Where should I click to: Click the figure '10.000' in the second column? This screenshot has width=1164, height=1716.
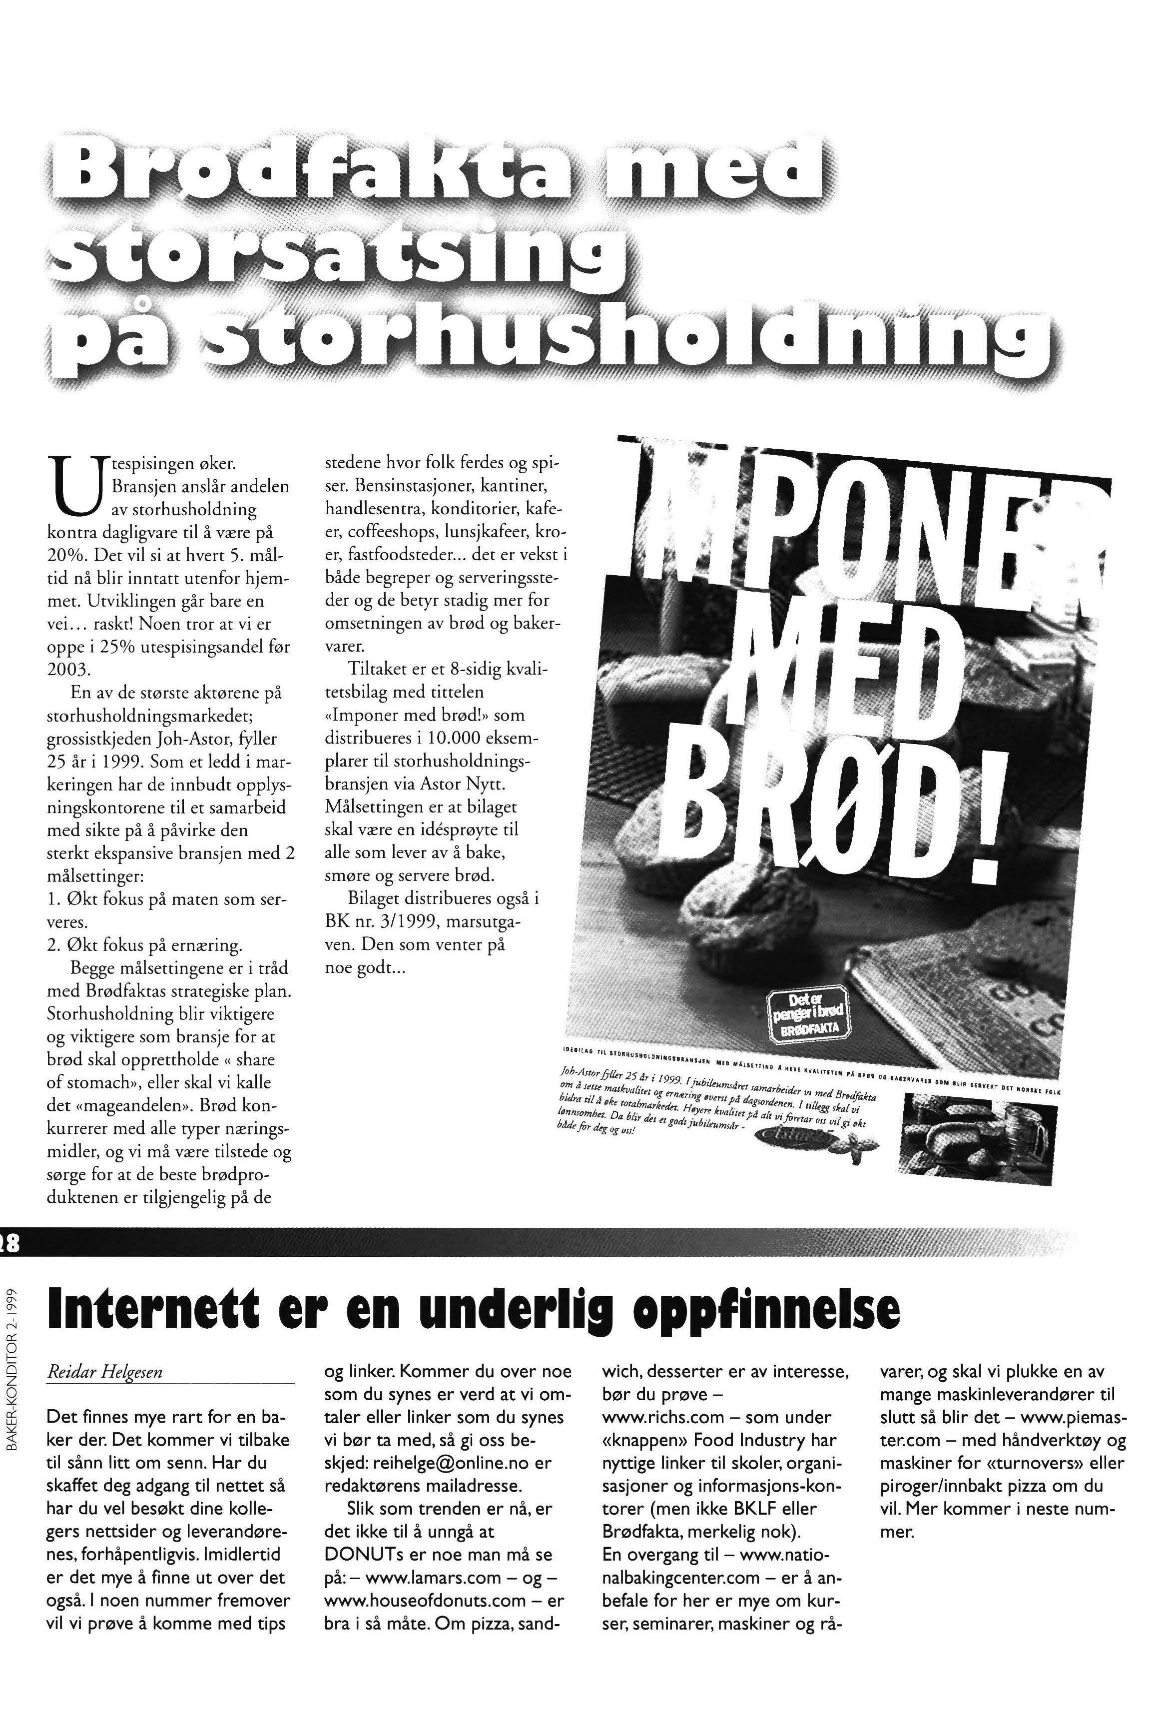click(439, 739)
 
